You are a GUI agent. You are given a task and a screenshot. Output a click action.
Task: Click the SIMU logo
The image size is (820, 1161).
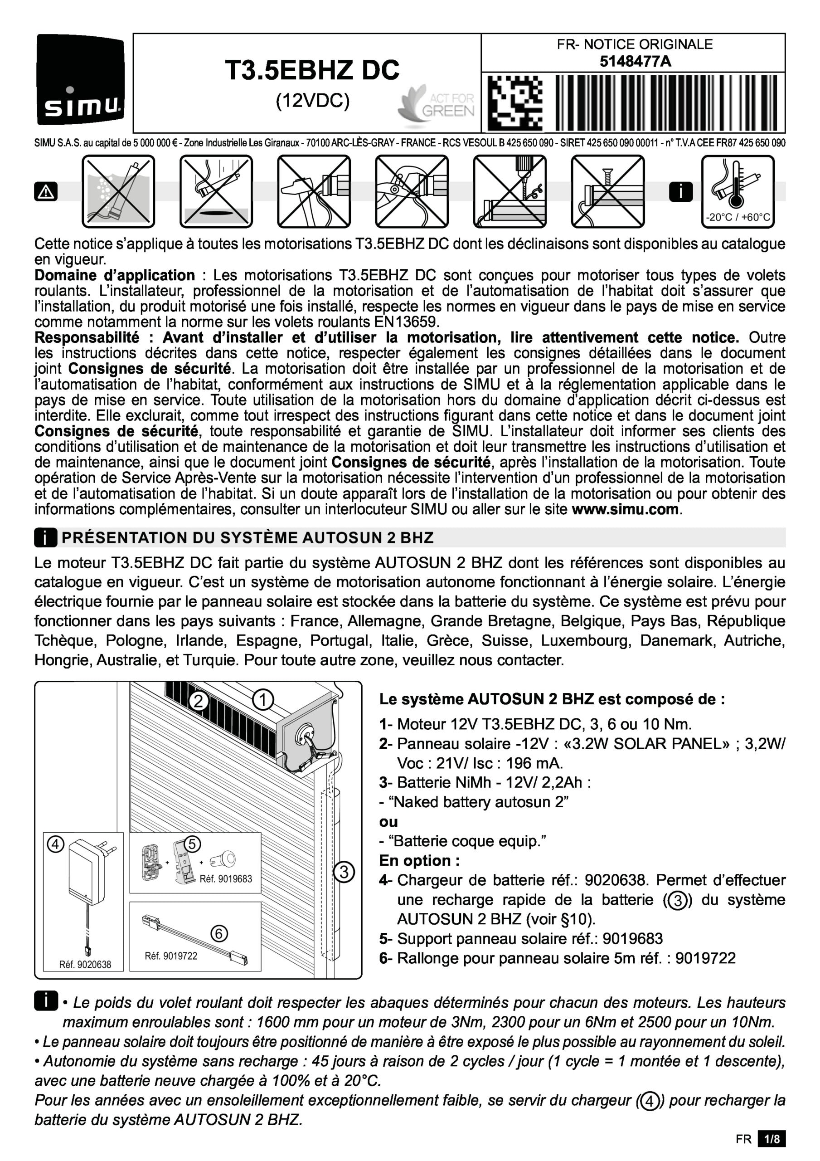80,79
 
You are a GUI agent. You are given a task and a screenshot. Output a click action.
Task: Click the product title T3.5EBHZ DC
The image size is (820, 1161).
312,70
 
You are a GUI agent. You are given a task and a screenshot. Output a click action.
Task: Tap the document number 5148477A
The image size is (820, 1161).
635,62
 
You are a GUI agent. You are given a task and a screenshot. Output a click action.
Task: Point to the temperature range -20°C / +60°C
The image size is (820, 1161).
738,217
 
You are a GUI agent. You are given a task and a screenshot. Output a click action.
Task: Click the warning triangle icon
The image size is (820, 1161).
45,192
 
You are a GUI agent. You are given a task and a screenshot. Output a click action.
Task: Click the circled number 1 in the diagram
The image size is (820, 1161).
263,700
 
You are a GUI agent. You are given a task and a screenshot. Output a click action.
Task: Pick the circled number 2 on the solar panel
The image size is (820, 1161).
199,701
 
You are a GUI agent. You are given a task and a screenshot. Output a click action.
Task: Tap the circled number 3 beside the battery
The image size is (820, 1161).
344,872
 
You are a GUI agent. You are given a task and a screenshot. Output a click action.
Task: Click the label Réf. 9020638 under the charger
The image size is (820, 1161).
85,964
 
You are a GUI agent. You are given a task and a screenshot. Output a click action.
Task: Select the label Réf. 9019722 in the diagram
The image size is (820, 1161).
171,956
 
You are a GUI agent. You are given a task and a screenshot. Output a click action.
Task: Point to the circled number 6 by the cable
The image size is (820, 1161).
218,933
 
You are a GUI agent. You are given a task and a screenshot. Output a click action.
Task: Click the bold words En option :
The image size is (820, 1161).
420,861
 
